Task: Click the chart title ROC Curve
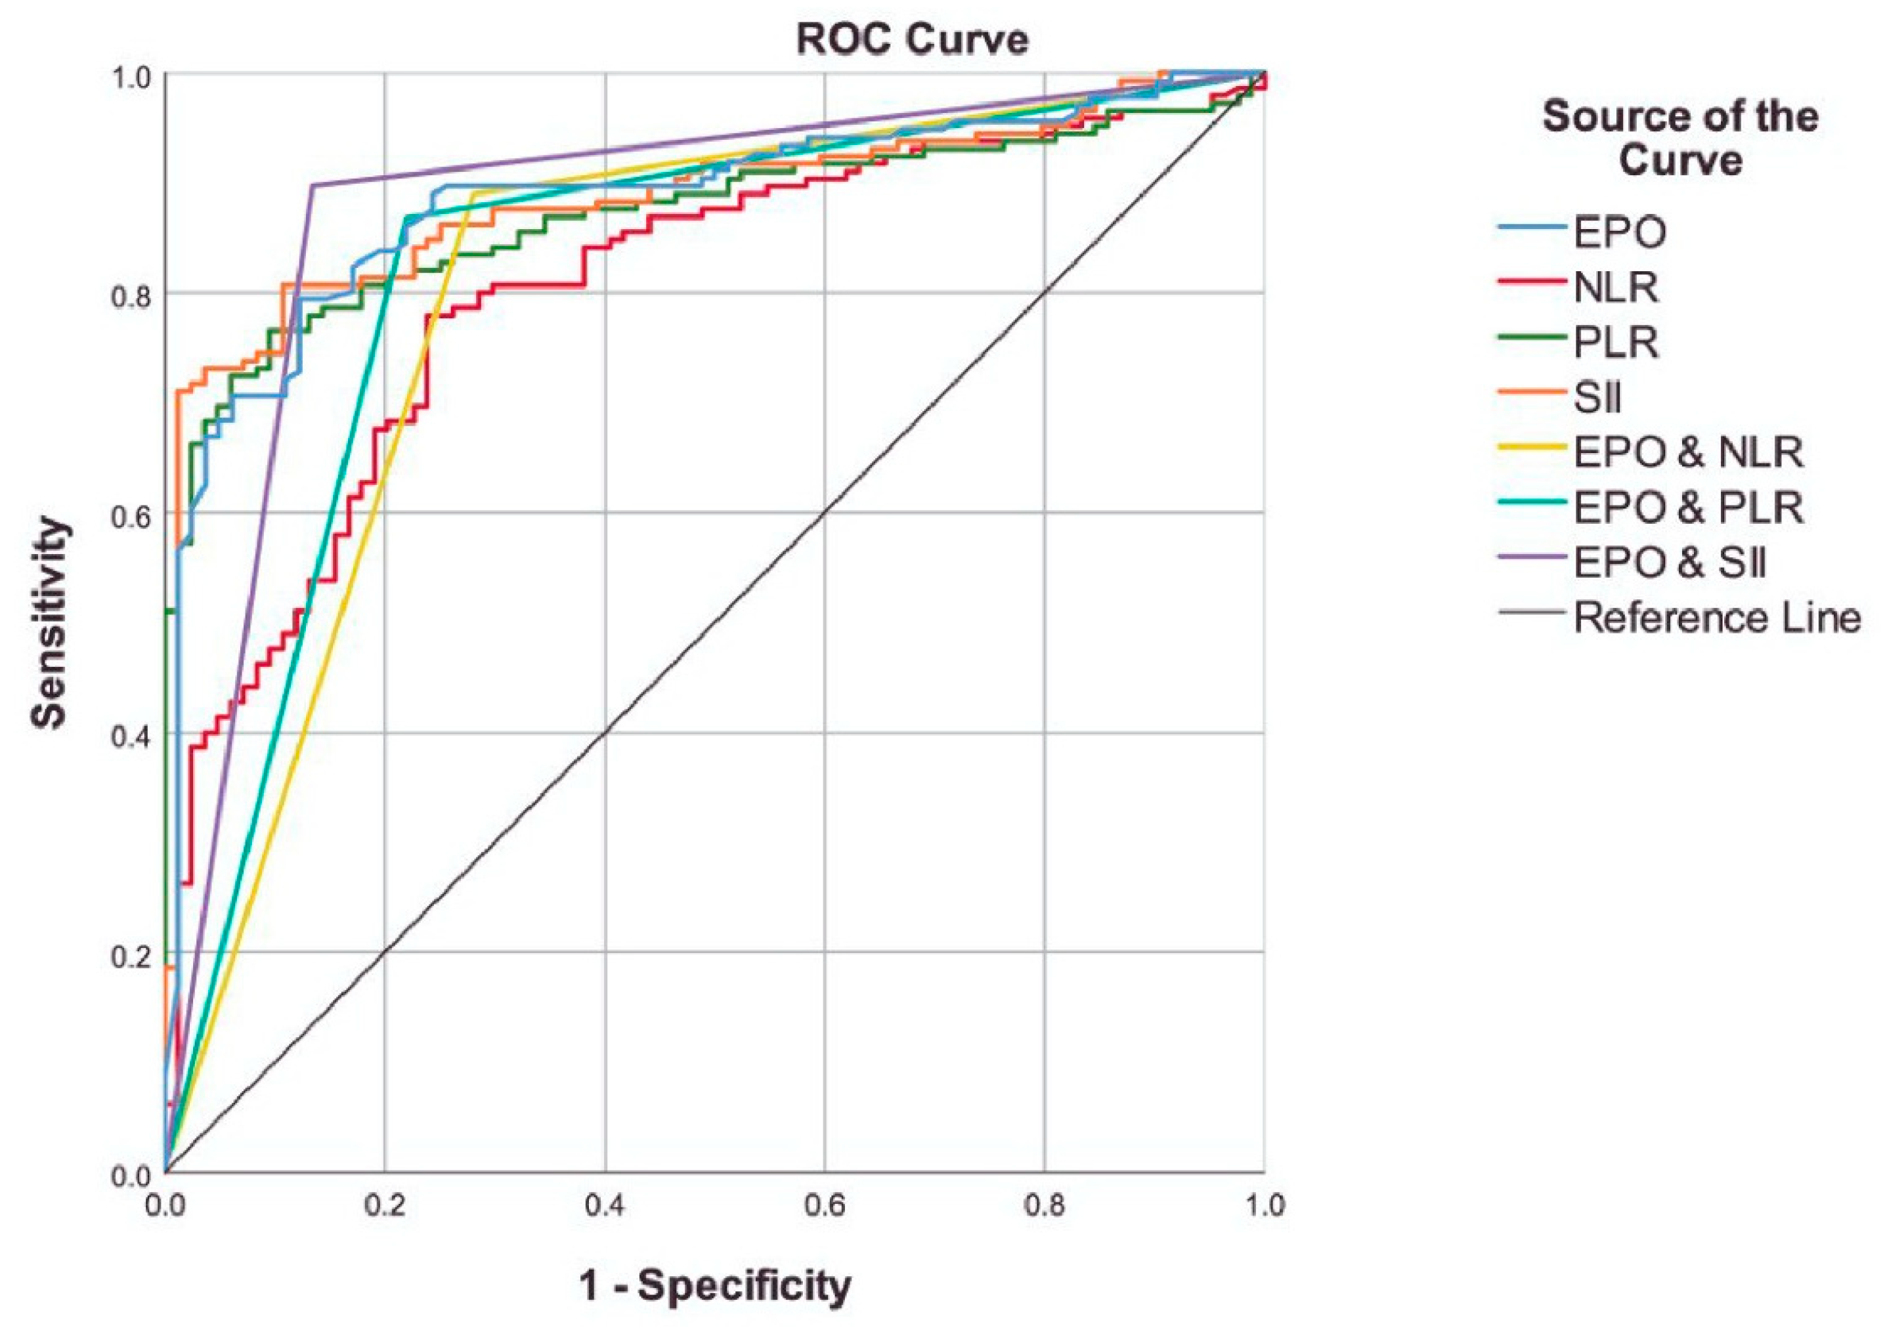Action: pos(911,39)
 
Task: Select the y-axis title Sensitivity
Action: pos(49,622)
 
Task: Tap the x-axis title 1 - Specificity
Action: pos(715,1285)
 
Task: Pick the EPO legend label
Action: pos(1620,233)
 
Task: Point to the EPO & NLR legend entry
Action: pos(1688,453)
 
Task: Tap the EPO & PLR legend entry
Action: pos(1688,508)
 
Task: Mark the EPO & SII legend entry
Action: pos(1670,563)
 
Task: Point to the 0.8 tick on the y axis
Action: pos(131,294)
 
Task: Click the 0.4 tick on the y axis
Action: pos(131,734)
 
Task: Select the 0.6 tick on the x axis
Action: pos(824,1205)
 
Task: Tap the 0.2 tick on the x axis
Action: pos(385,1205)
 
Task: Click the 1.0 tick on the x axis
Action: pos(1263,1205)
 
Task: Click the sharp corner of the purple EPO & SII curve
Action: pos(313,184)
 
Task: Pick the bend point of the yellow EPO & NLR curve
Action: pos(473,193)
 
